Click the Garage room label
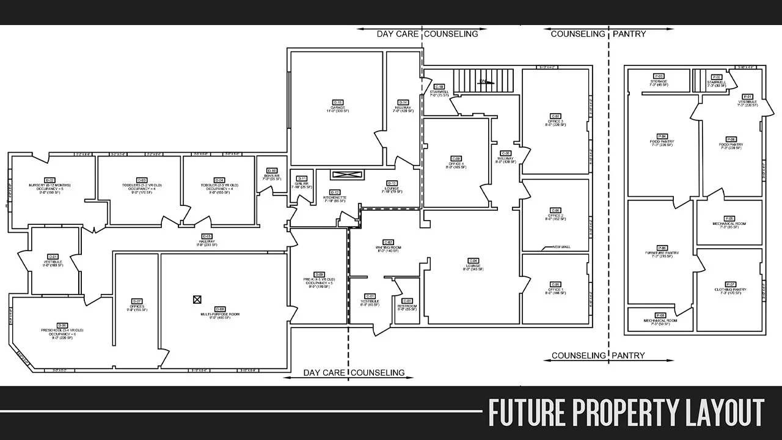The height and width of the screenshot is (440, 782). pyautogui.click(x=337, y=107)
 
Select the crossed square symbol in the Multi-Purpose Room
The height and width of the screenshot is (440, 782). pyautogui.click(x=197, y=299)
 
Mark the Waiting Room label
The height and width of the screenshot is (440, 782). pyautogui.click(x=388, y=247)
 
